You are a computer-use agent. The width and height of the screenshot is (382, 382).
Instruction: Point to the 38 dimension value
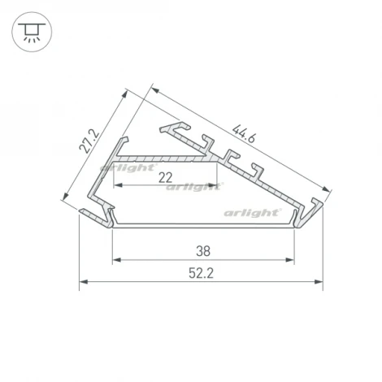203,250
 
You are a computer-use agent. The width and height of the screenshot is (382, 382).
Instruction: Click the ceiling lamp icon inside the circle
30,30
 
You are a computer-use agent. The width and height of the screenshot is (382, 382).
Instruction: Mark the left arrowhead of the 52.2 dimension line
83,283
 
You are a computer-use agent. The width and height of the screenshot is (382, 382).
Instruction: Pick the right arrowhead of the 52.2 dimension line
319,283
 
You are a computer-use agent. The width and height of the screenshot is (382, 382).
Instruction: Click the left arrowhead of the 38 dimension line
115,260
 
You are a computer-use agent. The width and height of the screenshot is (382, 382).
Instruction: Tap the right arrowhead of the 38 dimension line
289,260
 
